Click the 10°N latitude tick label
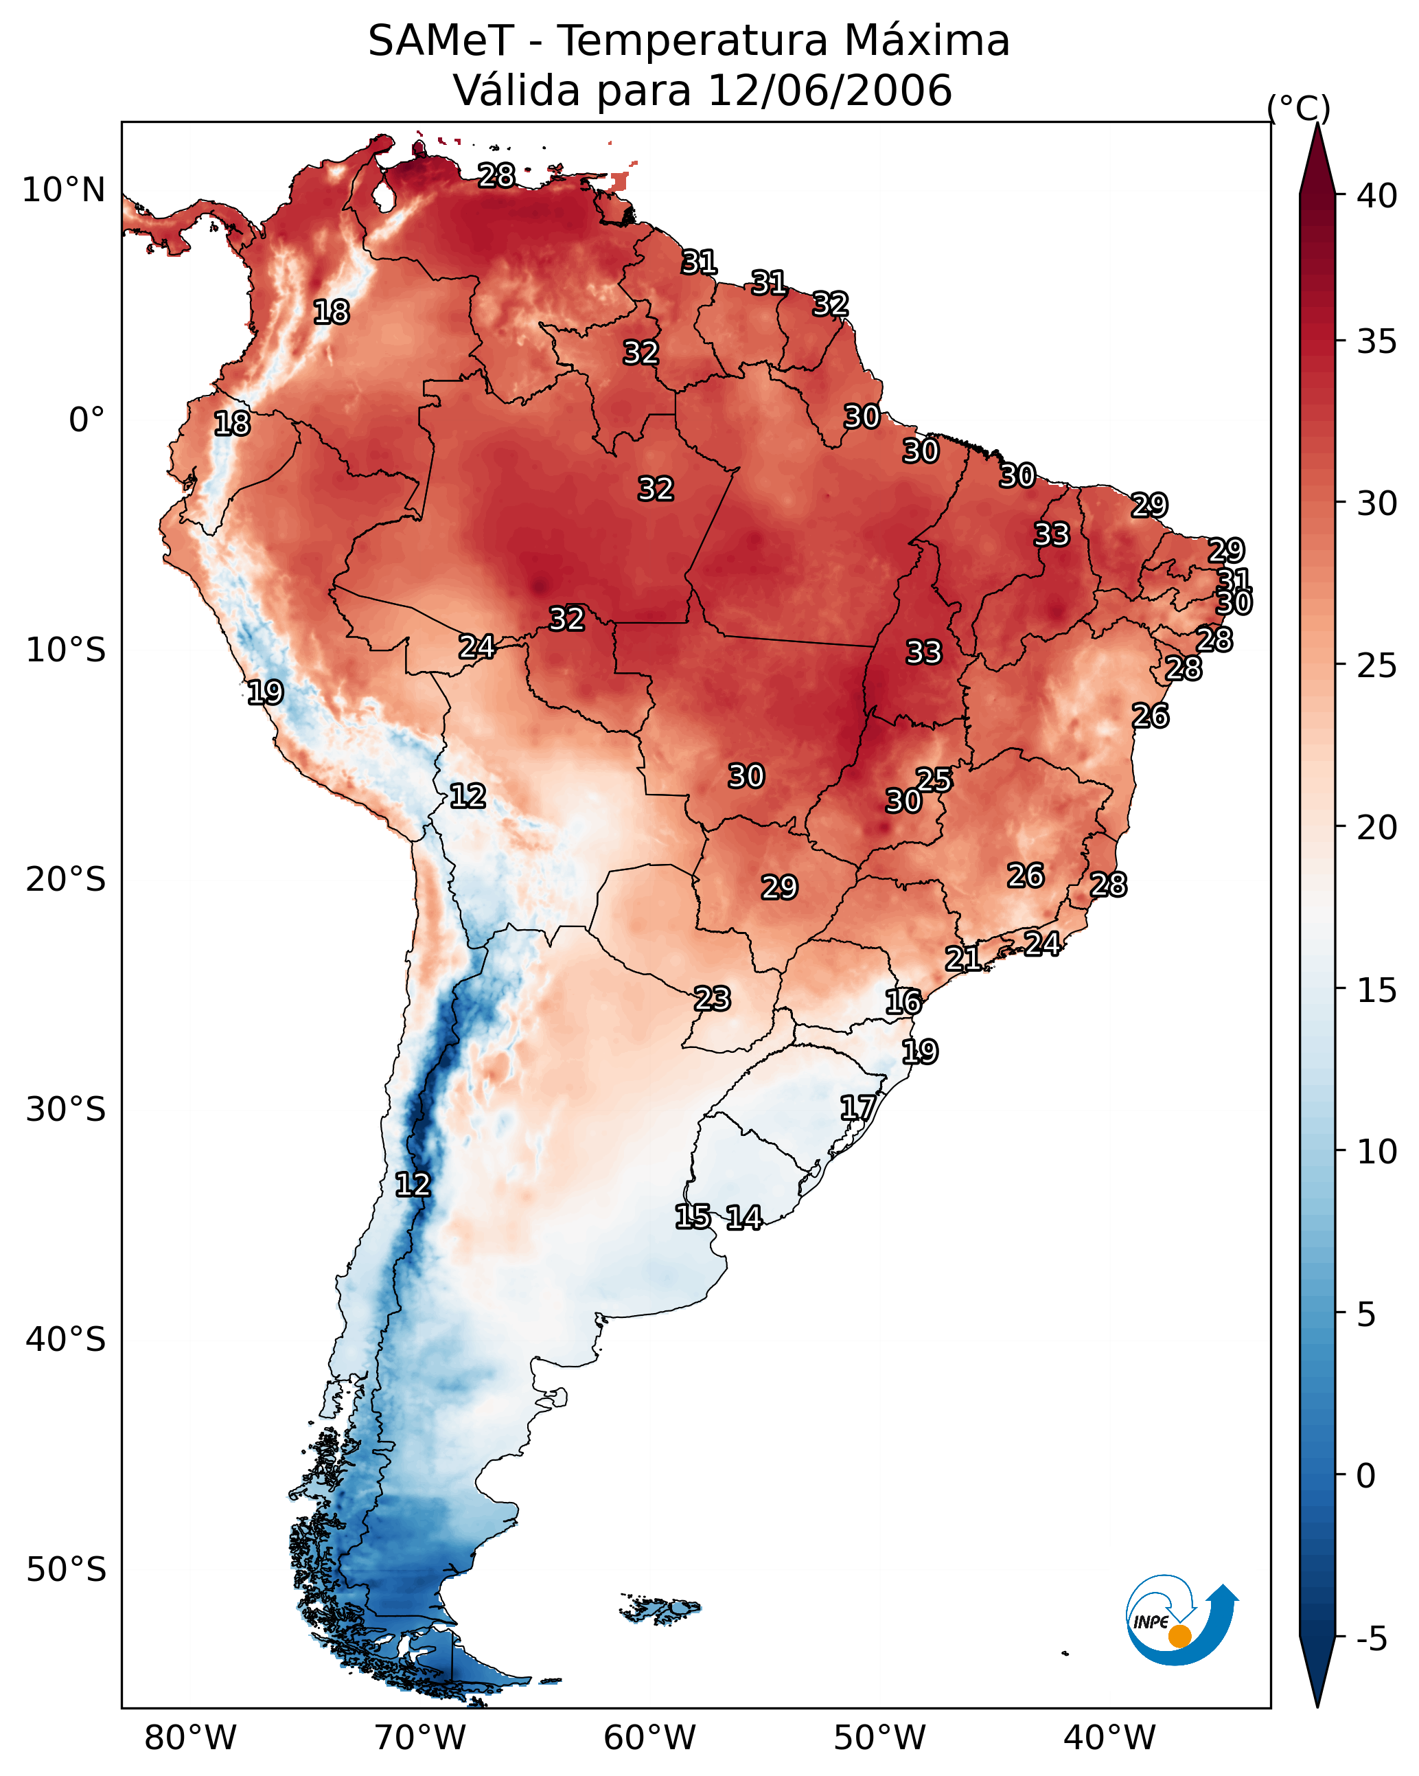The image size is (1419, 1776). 63,190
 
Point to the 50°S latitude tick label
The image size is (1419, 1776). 66,1569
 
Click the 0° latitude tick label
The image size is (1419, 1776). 86,420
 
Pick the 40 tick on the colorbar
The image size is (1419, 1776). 1377,196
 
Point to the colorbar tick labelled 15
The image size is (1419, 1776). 1377,990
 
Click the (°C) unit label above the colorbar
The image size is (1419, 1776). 1298,108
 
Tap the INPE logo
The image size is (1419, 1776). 1180,1619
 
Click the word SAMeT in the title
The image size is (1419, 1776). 441,41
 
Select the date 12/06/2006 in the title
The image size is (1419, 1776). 829,91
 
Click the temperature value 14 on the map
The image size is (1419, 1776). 744,1218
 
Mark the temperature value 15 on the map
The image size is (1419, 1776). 693,1217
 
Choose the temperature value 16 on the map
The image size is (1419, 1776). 903,1002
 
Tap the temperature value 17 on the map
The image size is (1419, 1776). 858,1107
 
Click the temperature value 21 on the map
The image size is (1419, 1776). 962,958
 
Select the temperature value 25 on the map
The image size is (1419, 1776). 934,779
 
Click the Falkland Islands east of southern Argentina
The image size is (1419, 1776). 661,1607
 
